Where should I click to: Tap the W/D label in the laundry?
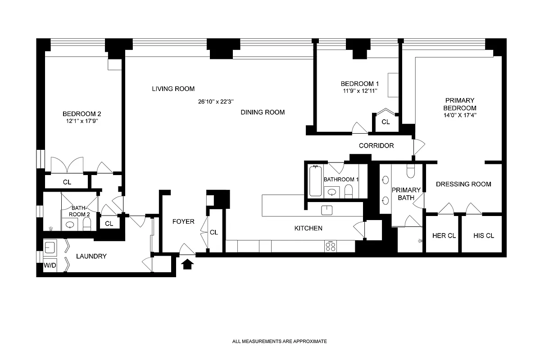pos(50,265)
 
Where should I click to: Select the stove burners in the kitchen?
pos(330,246)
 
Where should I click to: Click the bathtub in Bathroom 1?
pos(316,180)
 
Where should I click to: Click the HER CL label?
pos(442,236)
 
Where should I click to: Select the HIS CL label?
pos(484,236)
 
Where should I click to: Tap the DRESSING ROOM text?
pos(463,184)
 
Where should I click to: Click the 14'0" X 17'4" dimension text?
pos(460,115)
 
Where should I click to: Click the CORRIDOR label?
pos(376,146)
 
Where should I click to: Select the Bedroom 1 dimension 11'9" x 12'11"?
pos(359,91)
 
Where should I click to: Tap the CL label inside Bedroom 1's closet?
pos(386,122)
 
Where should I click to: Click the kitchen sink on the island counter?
pos(327,210)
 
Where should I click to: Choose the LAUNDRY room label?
pos(91,256)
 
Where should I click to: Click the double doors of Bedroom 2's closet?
pos(67,165)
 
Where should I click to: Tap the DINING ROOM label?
pos(263,112)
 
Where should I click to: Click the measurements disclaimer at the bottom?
pos(279,342)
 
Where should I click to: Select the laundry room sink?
pos(50,247)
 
